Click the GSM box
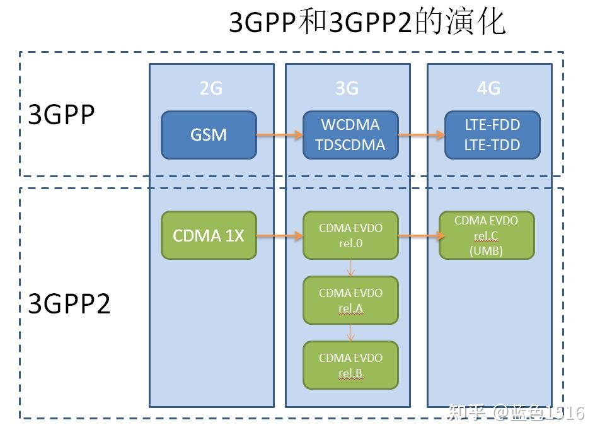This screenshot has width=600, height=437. [x=209, y=135]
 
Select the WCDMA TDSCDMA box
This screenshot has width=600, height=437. [x=350, y=135]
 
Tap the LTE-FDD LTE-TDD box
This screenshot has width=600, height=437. [x=492, y=135]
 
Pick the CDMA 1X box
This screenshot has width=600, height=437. [x=209, y=235]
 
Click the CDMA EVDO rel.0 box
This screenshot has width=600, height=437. [x=350, y=235]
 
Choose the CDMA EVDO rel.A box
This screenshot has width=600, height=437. [x=350, y=300]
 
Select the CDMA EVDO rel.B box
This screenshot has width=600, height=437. [x=350, y=365]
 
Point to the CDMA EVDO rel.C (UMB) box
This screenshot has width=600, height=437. [x=486, y=235]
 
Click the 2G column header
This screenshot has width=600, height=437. [x=211, y=88]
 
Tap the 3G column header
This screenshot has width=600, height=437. [x=347, y=88]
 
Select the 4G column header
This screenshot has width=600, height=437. [x=488, y=88]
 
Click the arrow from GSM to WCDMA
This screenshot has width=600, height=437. [x=280, y=134]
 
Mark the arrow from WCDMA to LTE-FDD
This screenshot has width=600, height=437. [x=422, y=134]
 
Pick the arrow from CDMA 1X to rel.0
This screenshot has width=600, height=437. [x=280, y=236]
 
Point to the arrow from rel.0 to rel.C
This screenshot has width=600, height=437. [x=418, y=236]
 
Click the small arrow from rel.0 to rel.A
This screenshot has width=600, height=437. [x=350, y=268]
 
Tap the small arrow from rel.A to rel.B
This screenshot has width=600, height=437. [x=350, y=333]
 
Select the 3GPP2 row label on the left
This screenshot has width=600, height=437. [x=69, y=305]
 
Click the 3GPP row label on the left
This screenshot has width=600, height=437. [x=61, y=115]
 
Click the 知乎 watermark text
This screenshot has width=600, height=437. [x=466, y=413]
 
